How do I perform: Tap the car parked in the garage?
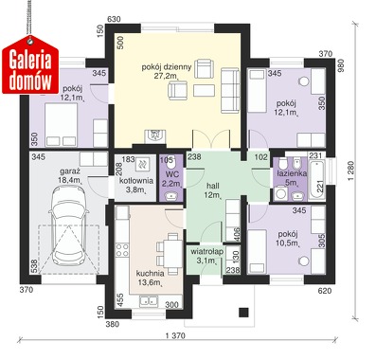69,225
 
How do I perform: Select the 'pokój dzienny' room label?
167,67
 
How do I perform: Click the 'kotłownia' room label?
136,181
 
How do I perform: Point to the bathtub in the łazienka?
316,180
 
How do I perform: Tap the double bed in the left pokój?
62,125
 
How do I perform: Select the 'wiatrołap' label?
207,252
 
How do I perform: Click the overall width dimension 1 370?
174,336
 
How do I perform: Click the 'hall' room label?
212,186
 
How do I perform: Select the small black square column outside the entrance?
243,312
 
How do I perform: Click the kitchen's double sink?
149,301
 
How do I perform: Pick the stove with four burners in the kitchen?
122,249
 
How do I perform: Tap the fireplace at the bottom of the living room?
155,136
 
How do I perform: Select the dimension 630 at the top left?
114,19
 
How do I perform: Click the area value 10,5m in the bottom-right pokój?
289,243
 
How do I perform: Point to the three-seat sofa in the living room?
230,90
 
